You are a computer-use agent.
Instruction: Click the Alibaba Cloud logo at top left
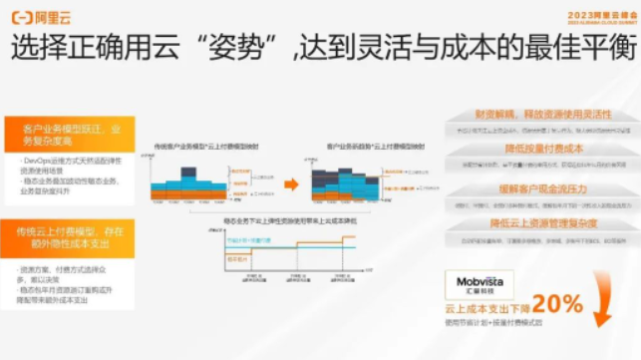38,17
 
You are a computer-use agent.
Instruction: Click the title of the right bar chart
370,147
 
